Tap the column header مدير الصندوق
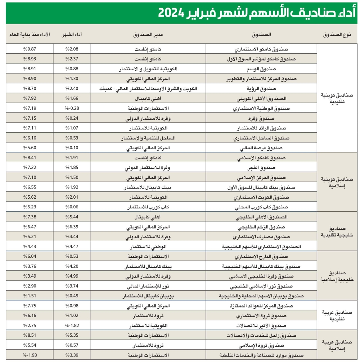point(148,35)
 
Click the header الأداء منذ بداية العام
point(30,35)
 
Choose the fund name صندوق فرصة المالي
point(261,148)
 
